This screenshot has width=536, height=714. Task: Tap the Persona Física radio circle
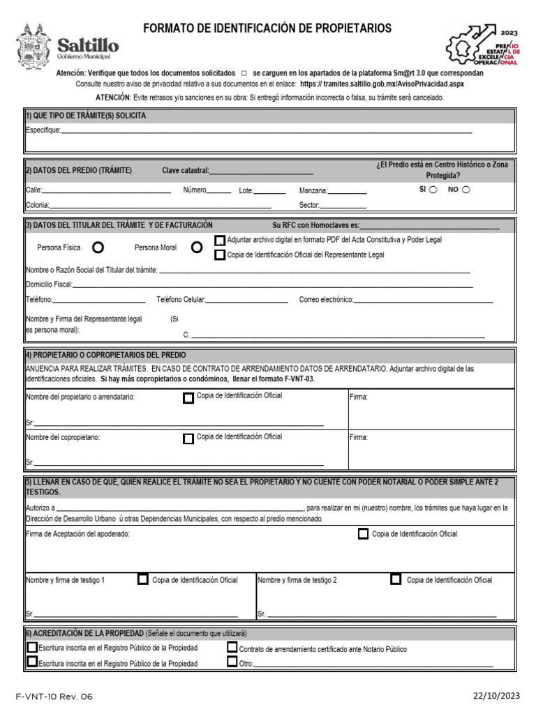(x=98, y=248)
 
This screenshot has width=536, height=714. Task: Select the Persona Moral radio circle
(x=197, y=248)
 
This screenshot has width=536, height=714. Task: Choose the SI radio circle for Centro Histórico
(x=433, y=190)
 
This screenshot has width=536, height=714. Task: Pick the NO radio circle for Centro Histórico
(x=466, y=190)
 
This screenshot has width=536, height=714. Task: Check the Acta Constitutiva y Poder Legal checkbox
(x=220, y=241)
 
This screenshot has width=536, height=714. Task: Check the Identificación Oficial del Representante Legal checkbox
(x=220, y=255)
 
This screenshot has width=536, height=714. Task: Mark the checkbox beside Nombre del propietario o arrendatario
(x=188, y=398)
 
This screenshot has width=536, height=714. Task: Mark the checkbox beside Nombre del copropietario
(x=188, y=439)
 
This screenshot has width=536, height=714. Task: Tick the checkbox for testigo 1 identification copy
(x=143, y=579)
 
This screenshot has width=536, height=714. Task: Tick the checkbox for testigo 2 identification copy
(x=396, y=579)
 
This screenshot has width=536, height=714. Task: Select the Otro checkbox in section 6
(x=232, y=662)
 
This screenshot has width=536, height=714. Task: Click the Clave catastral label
(x=185, y=171)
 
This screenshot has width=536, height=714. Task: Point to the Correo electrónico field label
(x=326, y=300)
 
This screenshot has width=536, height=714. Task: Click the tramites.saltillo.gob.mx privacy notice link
(x=382, y=84)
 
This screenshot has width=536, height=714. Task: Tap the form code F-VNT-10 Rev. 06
(x=54, y=696)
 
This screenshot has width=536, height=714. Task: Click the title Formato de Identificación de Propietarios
(x=267, y=29)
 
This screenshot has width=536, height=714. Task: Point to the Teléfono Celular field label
(x=180, y=300)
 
